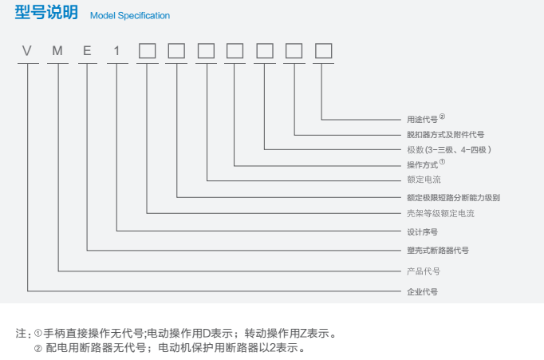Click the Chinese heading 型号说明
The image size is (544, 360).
click(47, 14)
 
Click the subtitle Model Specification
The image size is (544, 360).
click(129, 15)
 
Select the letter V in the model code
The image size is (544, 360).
click(27, 52)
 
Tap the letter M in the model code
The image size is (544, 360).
click(57, 52)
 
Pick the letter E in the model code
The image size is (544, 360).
click(87, 52)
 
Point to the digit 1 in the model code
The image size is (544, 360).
click(117, 52)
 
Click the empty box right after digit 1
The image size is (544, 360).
click(147, 52)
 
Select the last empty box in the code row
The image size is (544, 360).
click(323, 52)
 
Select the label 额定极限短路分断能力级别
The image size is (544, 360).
click(453, 197)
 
